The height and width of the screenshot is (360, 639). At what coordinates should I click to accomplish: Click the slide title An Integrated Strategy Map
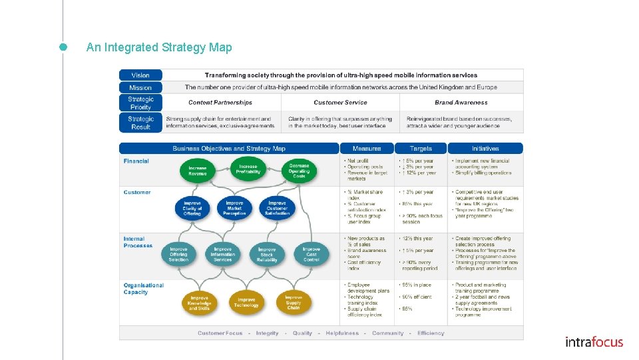coord(159,47)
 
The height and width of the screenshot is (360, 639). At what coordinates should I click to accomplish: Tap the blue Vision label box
coord(140,75)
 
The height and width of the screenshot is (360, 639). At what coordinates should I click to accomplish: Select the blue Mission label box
coord(140,87)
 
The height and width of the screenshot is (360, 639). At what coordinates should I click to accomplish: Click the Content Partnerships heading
coord(220,103)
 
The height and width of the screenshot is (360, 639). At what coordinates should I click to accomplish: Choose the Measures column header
coord(367,148)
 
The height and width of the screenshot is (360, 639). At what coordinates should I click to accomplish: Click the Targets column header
coord(421,148)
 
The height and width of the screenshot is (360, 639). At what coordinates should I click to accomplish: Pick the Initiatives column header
coord(485,148)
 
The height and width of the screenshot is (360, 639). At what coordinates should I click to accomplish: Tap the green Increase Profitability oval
coord(248,169)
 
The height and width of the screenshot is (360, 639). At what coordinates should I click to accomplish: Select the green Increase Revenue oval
coord(198,171)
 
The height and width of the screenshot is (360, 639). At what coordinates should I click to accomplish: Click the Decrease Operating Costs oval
coord(299,171)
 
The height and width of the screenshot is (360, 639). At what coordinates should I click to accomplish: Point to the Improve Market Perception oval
coord(234,208)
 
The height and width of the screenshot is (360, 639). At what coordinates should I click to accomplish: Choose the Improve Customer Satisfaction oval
coord(277,208)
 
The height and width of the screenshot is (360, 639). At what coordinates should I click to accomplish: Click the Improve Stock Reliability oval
coord(267,255)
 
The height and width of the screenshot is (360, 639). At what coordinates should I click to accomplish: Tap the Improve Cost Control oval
coord(311,254)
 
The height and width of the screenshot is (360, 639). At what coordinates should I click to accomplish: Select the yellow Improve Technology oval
coord(246,302)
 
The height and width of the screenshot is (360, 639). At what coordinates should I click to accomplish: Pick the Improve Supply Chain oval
coord(294,302)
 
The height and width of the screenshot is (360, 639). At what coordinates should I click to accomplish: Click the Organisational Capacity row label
coord(143,289)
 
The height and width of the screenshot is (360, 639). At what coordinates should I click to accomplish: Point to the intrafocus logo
coord(594,342)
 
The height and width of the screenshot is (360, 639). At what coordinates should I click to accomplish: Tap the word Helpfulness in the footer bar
coord(342,333)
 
